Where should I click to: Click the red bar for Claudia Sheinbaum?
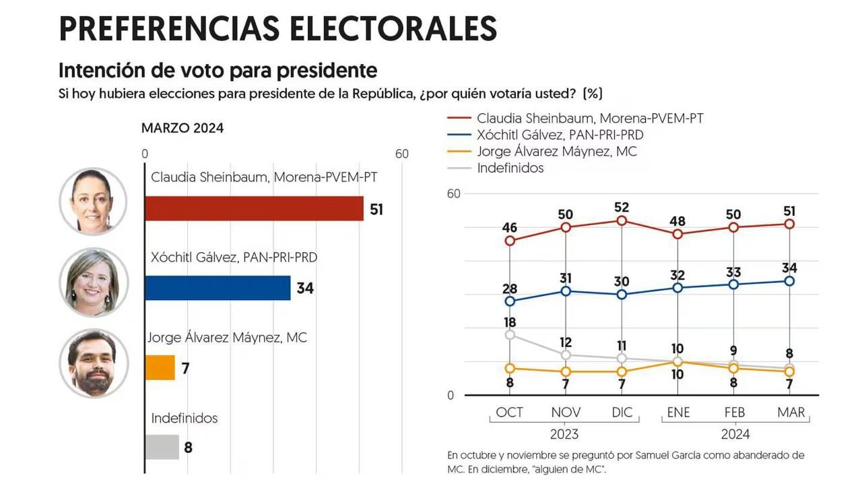click(x=254, y=209)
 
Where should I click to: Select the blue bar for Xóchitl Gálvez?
click(x=218, y=288)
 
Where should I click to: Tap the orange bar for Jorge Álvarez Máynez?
click(x=160, y=367)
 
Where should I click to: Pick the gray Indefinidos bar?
click(x=162, y=447)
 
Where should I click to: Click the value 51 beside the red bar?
click(x=376, y=210)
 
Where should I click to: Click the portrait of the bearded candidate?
click(x=93, y=363)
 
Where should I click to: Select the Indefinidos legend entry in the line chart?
click(x=510, y=168)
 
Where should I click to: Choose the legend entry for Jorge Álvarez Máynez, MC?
click(x=556, y=151)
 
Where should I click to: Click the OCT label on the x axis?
click(x=510, y=413)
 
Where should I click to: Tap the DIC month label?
click(x=622, y=413)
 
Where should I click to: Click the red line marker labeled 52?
click(x=622, y=220)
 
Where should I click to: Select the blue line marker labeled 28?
click(x=510, y=301)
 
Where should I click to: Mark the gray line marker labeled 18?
click(x=510, y=334)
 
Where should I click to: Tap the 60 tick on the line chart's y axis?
click(x=454, y=194)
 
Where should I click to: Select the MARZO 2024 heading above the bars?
click(x=183, y=128)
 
